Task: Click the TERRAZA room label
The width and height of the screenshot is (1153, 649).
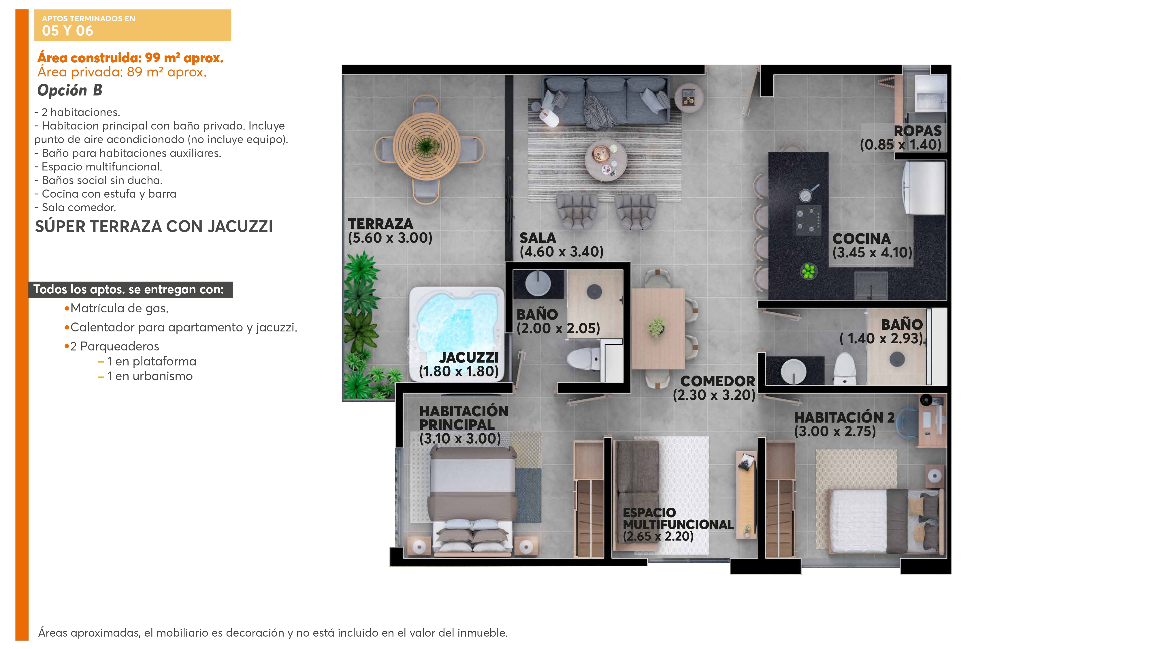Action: (380, 224)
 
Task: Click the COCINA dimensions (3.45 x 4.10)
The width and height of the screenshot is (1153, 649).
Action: (872, 253)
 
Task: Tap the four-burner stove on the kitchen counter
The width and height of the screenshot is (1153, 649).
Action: (808, 220)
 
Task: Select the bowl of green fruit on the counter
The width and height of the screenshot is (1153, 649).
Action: (808, 271)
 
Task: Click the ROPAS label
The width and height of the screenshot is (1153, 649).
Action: (917, 131)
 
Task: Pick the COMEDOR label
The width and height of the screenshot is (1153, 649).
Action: (717, 381)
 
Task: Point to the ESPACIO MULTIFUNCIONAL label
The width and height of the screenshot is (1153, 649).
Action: (678, 519)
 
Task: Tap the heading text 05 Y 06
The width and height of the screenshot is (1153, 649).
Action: (67, 31)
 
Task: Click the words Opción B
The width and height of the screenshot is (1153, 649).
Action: (70, 91)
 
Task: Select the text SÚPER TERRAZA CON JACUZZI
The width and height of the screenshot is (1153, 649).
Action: (154, 227)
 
